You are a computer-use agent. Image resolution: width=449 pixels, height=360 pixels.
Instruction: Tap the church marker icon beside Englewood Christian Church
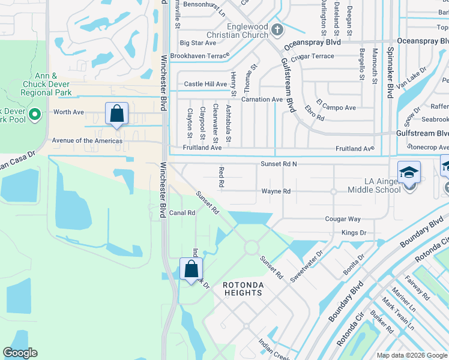coord(277,29)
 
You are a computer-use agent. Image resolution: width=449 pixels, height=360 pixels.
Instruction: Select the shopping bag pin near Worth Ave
coord(116,114)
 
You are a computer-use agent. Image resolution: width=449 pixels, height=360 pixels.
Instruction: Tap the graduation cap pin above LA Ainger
coord(409,173)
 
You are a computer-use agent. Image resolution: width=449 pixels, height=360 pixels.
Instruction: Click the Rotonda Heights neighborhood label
coord(243,288)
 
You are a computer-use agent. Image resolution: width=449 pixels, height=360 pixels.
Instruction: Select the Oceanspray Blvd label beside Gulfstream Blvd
coord(312,43)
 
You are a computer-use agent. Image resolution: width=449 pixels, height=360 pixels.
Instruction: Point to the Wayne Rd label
coord(276,191)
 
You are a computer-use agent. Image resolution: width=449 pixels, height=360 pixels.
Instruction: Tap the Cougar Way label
coord(343,220)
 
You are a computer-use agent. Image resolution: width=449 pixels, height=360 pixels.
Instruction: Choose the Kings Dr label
coord(354,232)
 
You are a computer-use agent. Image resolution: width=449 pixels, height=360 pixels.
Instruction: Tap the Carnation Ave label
coord(262,100)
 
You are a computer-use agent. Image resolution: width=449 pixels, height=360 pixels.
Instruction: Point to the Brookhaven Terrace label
coord(200,56)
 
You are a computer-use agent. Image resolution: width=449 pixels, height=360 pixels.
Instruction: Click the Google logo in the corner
coord(20,353)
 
